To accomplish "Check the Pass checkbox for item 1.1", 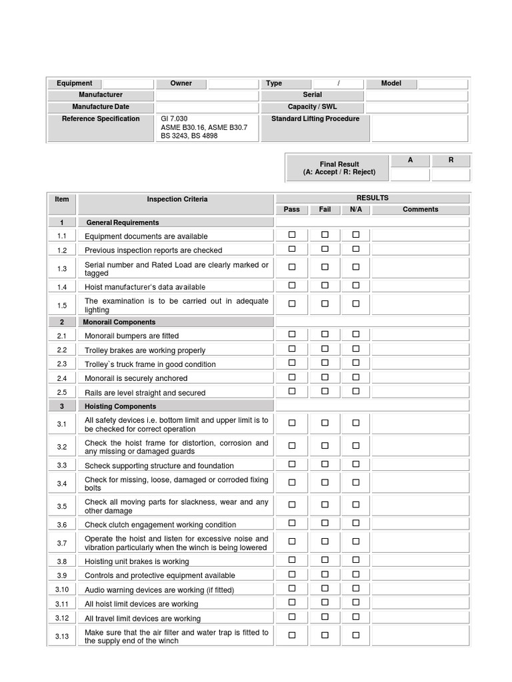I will (292, 234).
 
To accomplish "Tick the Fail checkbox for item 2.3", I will (325, 363).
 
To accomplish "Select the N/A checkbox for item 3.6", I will (356, 523).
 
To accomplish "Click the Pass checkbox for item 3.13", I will (292, 635).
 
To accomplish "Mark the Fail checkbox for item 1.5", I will (325, 303).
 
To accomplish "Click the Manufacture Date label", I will (101, 107).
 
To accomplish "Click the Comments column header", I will (420, 209).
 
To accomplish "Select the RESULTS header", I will (372, 198).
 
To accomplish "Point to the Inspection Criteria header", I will (177, 199).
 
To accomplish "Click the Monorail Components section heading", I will (119, 322).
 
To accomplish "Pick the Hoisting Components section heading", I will (121, 406).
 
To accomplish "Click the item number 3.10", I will (62, 589).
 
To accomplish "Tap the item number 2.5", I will (62, 392).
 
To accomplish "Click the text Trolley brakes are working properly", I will (145, 350).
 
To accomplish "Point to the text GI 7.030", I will (175, 119).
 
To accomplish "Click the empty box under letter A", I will (410, 174).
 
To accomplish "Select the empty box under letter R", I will (451, 174).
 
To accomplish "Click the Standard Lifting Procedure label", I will (315, 119).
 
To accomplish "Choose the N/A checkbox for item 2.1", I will (356, 334).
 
